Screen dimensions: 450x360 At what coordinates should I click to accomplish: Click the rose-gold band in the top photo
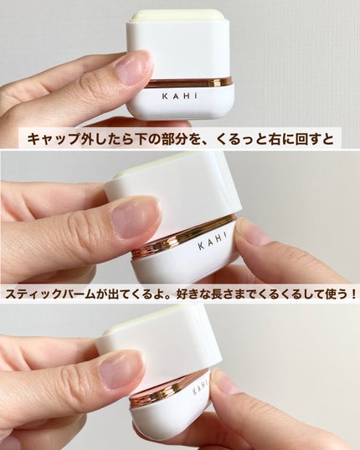tap(180, 82)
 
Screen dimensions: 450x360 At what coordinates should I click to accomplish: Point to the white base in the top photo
tap(180, 105)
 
